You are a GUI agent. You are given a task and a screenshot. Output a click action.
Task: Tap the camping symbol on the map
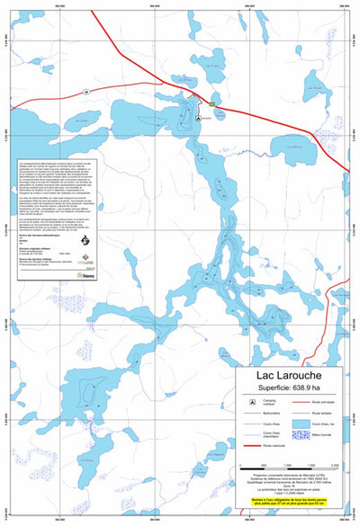[198, 116]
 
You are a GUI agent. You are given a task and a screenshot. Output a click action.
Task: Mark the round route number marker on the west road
[86, 91]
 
